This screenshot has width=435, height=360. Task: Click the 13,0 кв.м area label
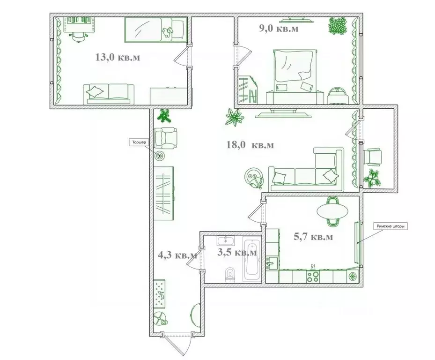[x=118, y=58]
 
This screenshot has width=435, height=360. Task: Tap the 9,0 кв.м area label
[x=279, y=28]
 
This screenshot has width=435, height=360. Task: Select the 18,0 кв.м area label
[x=250, y=145]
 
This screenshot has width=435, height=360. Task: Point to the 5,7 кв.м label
[x=313, y=237]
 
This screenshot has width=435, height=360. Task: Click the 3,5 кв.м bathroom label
[x=237, y=252]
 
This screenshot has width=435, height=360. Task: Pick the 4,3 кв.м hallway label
[x=177, y=255]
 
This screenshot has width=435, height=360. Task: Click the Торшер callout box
[x=139, y=142]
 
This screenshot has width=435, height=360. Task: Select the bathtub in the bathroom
[x=252, y=259]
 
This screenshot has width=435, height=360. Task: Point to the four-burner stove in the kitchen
[x=313, y=277]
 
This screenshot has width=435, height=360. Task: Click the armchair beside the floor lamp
[x=166, y=138]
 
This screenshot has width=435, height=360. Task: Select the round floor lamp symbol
[x=160, y=156]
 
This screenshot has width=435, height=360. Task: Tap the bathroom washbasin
[x=226, y=241]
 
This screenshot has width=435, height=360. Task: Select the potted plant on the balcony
[x=372, y=178]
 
